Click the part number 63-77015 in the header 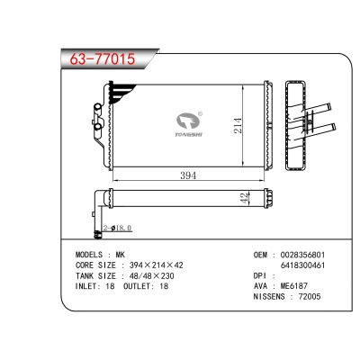[103, 58]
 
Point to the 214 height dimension [238, 125]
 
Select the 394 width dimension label [188, 175]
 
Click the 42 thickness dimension [245, 198]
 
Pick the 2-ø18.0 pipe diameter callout [117, 229]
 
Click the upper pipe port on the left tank [97, 107]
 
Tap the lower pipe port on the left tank [97, 127]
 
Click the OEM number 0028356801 [302, 255]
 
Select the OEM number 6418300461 [302, 265]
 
